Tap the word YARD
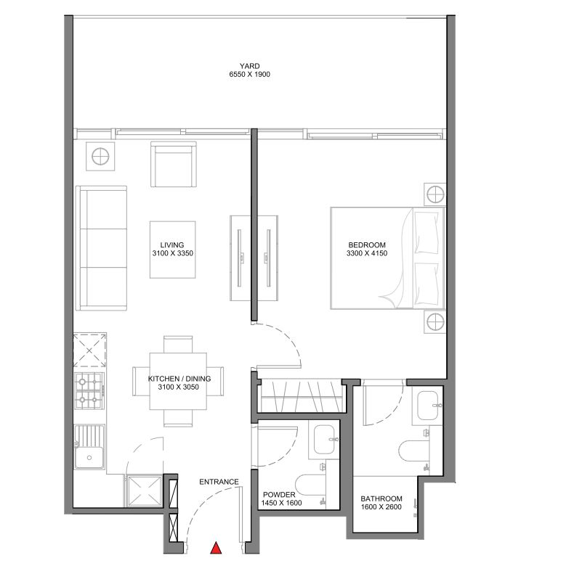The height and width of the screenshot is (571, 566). click(x=249, y=65)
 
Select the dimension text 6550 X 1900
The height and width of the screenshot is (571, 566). click(x=249, y=75)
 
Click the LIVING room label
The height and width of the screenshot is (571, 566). click(x=172, y=245)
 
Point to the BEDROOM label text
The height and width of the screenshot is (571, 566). click(x=367, y=245)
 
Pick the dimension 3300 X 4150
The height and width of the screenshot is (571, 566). click(x=367, y=254)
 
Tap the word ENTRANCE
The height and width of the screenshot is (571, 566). click(x=219, y=482)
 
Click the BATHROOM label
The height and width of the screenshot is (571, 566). click(x=381, y=498)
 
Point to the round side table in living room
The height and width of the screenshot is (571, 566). click(x=100, y=156)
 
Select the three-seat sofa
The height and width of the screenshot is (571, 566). click(x=101, y=247)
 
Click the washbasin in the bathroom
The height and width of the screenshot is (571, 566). click(x=427, y=406)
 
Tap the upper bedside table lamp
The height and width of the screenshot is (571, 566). click(x=434, y=194)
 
